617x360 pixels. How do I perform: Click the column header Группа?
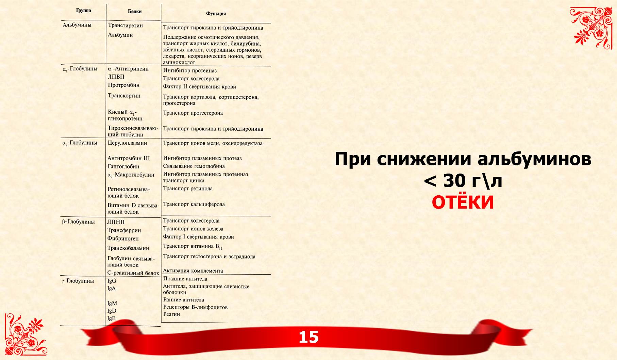click(83, 11)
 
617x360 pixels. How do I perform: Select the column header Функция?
click(216, 14)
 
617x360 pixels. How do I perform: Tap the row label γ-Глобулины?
click(78, 281)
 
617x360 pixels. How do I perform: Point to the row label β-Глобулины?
click(78, 222)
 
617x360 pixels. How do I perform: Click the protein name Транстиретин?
click(125, 26)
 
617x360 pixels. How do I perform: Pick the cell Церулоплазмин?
click(127, 143)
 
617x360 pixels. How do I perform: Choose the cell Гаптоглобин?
click(123, 167)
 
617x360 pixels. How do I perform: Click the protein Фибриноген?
click(123, 239)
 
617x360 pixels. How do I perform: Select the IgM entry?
click(112, 304)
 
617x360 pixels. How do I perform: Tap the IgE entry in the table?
click(111, 318)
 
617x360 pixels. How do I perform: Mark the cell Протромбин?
click(123, 85)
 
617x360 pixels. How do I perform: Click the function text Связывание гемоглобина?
click(194, 166)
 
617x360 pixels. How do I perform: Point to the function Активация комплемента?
click(193, 271)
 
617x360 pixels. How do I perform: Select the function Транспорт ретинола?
click(188, 189)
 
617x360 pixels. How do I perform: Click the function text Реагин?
click(171, 314)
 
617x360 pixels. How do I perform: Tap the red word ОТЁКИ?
click(463, 202)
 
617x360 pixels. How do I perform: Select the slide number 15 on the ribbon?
click(308, 337)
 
